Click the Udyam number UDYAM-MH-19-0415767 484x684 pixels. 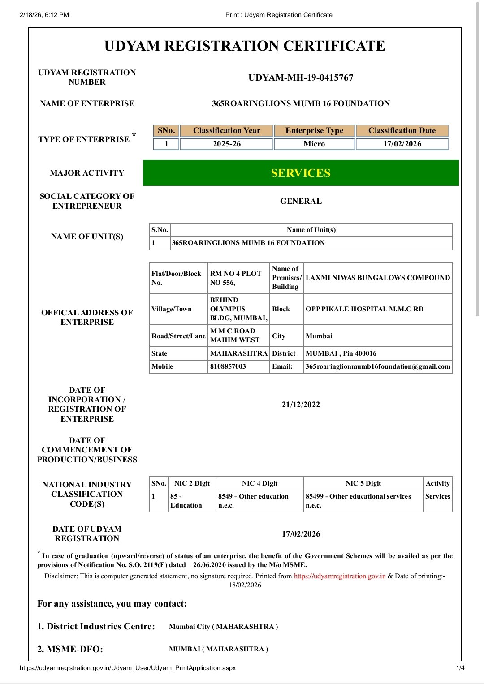301,77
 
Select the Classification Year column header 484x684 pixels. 226,130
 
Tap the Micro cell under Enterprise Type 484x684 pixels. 314,144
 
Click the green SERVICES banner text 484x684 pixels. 301,173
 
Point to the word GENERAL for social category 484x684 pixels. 301,201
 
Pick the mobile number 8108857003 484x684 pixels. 228,366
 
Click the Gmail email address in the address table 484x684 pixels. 378,366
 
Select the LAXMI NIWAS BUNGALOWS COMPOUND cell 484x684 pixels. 378,278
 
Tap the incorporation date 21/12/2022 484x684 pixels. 301,404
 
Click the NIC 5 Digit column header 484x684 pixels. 363,483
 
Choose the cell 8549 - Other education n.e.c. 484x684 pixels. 253,501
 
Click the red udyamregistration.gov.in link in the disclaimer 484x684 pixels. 340,576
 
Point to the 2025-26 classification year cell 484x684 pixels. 226,144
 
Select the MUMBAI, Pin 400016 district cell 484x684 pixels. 341,353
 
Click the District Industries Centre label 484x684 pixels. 96,626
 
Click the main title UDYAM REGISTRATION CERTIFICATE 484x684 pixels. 245,46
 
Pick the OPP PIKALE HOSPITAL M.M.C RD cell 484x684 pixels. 364,309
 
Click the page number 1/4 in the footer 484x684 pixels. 460,668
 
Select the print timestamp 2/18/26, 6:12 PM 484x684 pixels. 44,15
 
